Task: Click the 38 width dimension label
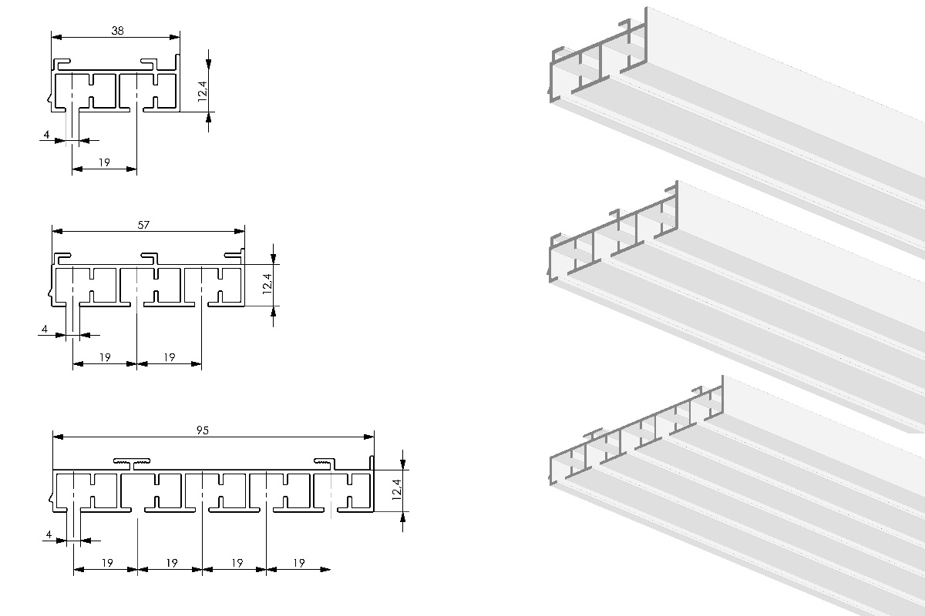tap(118, 31)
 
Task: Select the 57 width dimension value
tap(143, 225)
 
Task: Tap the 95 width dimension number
tap(202, 430)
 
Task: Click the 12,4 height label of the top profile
tap(202, 91)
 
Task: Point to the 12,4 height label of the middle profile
tap(267, 284)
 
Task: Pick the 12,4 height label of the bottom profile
tap(397, 489)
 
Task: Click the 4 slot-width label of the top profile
tap(46, 135)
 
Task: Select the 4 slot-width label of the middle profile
tap(45, 329)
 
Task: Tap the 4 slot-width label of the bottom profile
tap(49, 534)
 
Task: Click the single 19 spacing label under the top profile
tap(105, 162)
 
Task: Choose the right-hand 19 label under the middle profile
tap(170, 357)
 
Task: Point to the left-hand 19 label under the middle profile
tap(106, 357)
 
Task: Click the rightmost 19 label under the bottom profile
tap(299, 563)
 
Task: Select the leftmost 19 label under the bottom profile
tap(107, 563)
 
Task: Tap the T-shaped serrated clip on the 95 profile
tap(132, 464)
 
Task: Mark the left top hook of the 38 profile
tap(62, 63)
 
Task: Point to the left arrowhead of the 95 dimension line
tap(59, 437)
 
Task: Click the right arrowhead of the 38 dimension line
tap(175, 37)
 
